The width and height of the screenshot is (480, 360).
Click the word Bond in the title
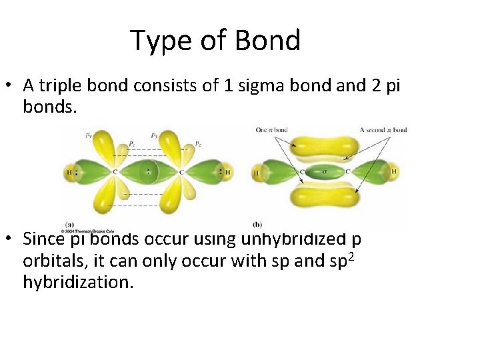click(x=269, y=41)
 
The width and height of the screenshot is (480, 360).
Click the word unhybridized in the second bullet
click(x=306, y=237)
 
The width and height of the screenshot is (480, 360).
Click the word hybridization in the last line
click(x=78, y=283)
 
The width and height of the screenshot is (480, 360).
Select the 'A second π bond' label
click(x=383, y=130)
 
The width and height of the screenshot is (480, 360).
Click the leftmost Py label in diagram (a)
click(x=89, y=136)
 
